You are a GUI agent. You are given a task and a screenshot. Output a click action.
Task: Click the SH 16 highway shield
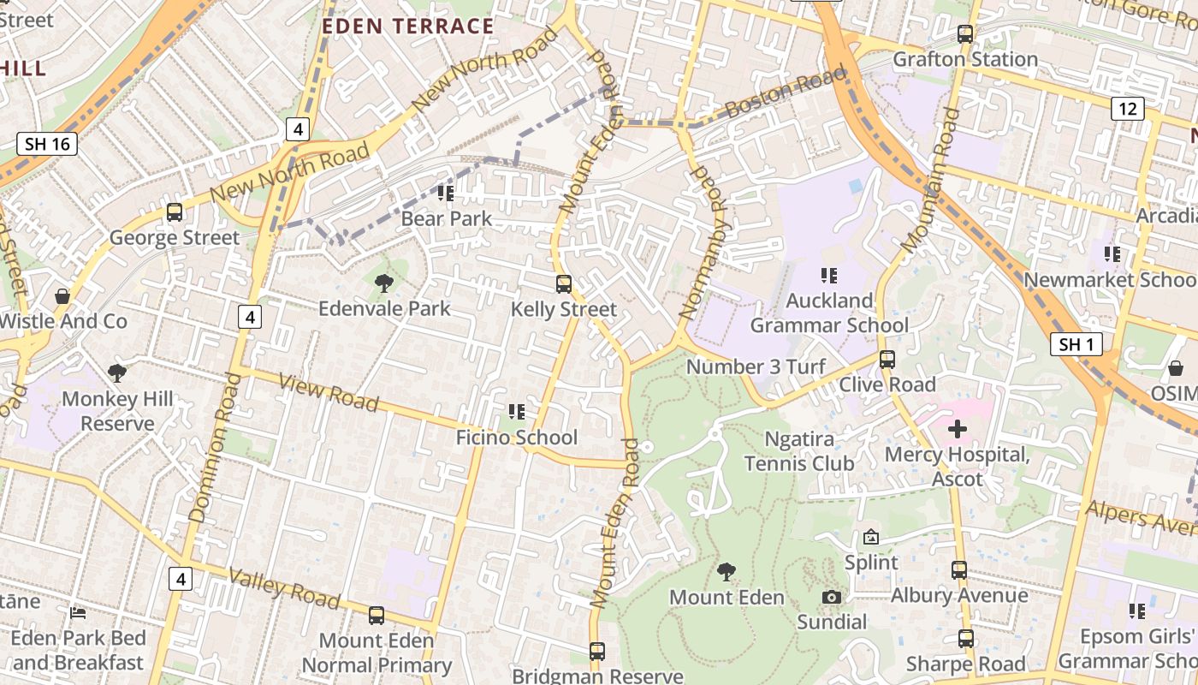click(47, 144)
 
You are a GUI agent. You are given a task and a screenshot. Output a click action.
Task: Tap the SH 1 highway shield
click(1076, 344)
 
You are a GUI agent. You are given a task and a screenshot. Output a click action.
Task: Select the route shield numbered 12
click(1128, 109)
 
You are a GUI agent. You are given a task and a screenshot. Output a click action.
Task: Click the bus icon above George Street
click(175, 211)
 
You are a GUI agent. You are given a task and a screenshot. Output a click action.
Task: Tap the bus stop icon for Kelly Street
click(563, 284)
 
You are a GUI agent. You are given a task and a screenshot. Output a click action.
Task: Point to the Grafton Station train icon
click(965, 34)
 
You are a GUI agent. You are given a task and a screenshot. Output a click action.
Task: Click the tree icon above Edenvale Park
click(384, 283)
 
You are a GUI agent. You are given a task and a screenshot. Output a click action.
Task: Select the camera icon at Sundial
click(831, 597)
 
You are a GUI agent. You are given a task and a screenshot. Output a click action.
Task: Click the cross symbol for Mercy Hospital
click(958, 428)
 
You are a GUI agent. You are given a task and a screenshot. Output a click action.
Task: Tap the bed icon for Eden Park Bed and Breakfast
click(78, 612)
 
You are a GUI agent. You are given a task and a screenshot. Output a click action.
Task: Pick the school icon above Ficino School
click(516, 412)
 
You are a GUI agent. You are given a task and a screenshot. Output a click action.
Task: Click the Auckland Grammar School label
click(829, 313)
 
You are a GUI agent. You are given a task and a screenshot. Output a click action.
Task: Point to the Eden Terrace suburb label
click(407, 27)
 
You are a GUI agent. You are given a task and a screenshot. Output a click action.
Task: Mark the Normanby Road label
click(700, 244)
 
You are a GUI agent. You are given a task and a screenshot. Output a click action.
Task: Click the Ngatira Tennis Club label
click(798, 451)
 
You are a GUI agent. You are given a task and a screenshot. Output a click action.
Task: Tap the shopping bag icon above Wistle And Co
click(62, 296)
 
